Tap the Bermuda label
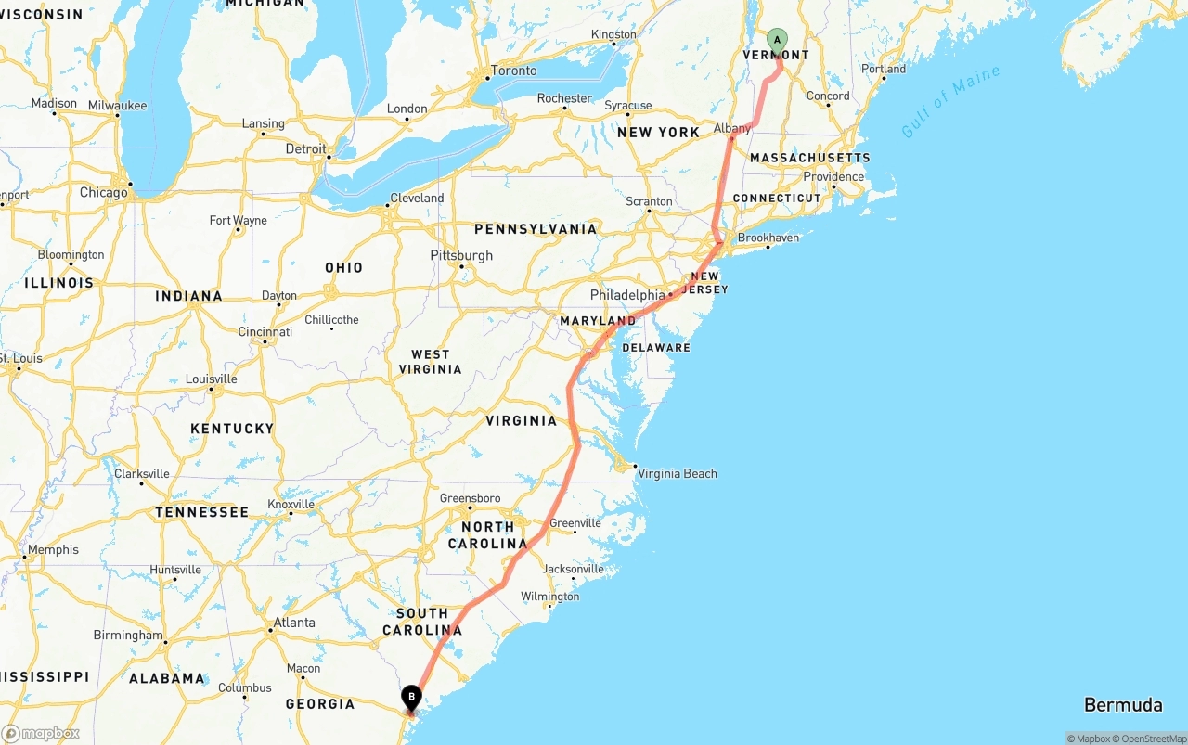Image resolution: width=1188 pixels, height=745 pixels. tap(1123, 705)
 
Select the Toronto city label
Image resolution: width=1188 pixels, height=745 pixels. tap(513, 71)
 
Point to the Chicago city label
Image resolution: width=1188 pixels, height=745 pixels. tap(103, 193)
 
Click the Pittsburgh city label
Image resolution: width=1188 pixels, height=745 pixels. tap(461, 255)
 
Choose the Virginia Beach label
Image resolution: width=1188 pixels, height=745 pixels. tap(677, 473)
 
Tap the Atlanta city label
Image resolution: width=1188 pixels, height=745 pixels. tap(294, 623)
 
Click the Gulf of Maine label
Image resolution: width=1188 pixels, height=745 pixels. tap(950, 101)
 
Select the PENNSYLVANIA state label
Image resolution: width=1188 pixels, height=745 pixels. tap(536, 228)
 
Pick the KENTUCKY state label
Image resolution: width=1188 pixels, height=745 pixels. tap(232, 428)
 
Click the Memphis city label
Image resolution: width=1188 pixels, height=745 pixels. tap(53, 549)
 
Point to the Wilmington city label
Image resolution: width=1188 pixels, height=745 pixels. tap(549, 597)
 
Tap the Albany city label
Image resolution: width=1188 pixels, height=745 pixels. tap(732, 128)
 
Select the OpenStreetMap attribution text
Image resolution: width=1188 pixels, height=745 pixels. tap(1151, 739)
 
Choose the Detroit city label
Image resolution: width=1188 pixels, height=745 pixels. tap(305, 148)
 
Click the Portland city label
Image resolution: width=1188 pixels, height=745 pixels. tap(884, 69)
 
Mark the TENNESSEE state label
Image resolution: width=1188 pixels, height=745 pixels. tap(201, 512)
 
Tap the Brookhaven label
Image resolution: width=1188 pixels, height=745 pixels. tap(768, 238)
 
